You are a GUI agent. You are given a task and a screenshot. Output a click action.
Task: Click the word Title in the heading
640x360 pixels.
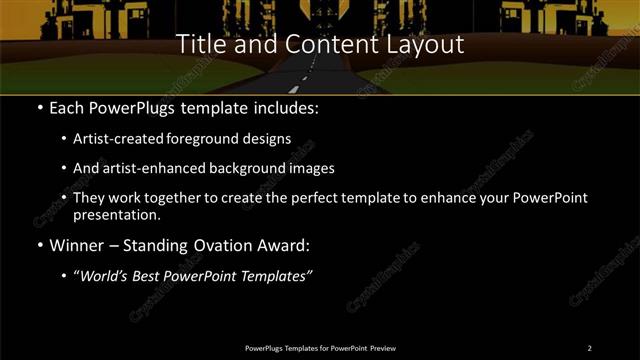point(198,45)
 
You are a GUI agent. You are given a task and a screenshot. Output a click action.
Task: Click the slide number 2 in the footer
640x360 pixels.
point(589,348)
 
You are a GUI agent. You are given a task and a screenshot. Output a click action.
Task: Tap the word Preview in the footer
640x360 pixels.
point(383,348)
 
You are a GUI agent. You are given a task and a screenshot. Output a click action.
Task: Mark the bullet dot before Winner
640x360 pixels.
point(39,245)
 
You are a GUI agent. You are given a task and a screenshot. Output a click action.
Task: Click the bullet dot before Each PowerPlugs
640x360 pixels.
point(39,106)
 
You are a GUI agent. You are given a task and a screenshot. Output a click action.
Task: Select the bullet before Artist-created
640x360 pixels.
point(65,139)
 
